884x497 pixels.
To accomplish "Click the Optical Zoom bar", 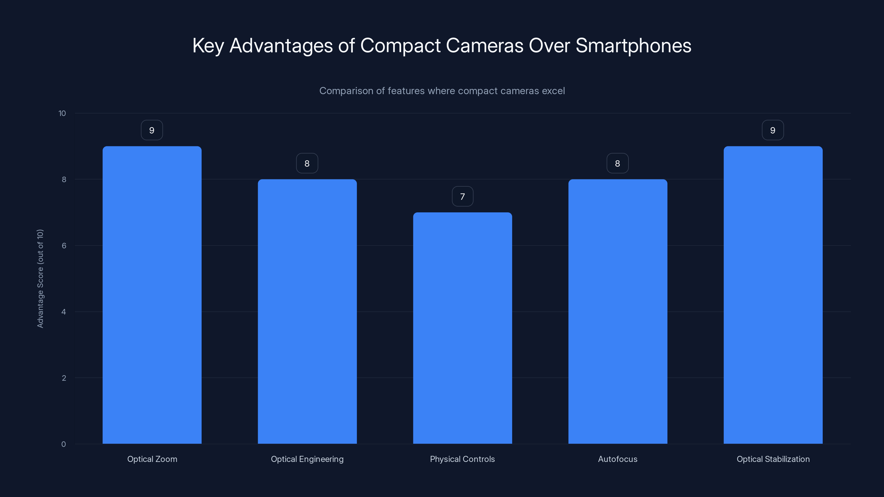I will [152, 295].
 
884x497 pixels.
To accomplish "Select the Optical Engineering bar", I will [307, 311].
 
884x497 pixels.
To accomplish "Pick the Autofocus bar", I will [618, 311].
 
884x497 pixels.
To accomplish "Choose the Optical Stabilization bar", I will [773, 295].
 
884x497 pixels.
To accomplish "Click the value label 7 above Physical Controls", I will [463, 197].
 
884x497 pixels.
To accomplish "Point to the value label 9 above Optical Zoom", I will [152, 130].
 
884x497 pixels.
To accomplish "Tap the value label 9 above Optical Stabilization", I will [773, 130].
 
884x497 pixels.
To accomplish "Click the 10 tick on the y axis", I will [62, 113].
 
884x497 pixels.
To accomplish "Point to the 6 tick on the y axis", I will [64, 245].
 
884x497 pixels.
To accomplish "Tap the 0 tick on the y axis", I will [64, 444].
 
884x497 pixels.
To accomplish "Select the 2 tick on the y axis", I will [64, 378].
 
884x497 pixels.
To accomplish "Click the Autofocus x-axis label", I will [618, 459].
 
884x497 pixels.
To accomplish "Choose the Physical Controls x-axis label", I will [462, 459].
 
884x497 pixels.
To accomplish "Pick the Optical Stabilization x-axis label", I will [773, 459].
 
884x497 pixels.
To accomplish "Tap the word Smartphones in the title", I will [633, 46].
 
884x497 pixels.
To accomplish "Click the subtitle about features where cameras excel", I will [442, 91].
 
